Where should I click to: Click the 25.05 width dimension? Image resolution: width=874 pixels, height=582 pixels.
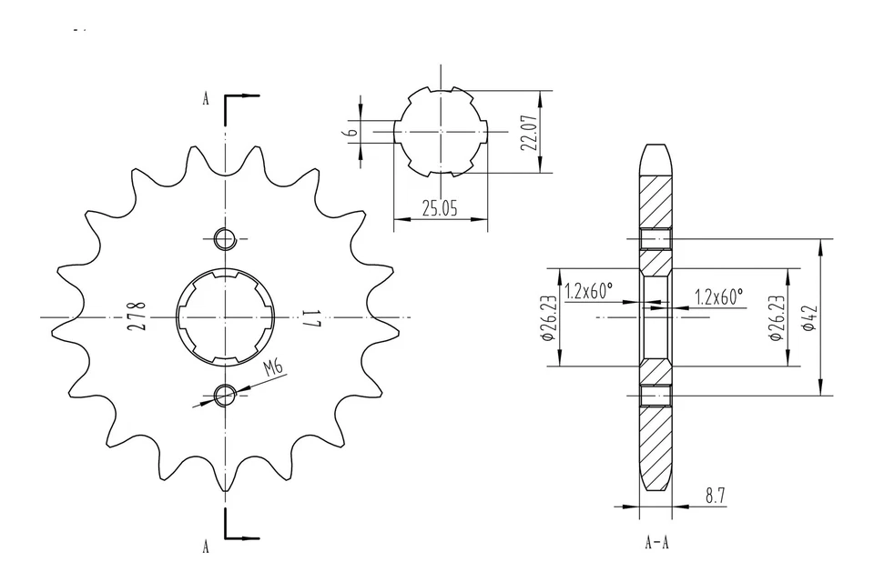(x=440, y=208)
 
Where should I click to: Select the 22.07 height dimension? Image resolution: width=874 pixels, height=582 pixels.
(x=532, y=132)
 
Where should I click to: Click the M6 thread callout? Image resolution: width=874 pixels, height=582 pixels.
(x=272, y=368)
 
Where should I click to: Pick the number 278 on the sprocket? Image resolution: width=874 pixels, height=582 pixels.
(x=137, y=316)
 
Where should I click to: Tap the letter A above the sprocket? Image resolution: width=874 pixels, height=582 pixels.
(x=206, y=99)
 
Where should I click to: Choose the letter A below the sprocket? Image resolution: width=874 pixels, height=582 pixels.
(x=206, y=546)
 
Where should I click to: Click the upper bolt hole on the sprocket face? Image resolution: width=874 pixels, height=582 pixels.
(x=224, y=240)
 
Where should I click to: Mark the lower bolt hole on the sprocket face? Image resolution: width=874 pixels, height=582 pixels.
(x=224, y=394)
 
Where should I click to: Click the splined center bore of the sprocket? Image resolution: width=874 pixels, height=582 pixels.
(x=224, y=317)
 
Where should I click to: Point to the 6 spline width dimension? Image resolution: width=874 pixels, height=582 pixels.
(x=349, y=131)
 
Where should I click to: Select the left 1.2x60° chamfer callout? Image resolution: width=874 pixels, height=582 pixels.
(x=588, y=292)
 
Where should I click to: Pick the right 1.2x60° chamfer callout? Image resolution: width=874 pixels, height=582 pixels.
(x=718, y=296)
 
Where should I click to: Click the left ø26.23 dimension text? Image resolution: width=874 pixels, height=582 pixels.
(x=548, y=318)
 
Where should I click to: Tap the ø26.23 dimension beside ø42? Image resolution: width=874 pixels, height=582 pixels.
(x=776, y=318)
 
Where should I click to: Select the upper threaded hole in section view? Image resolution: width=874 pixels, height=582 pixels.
(x=655, y=240)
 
